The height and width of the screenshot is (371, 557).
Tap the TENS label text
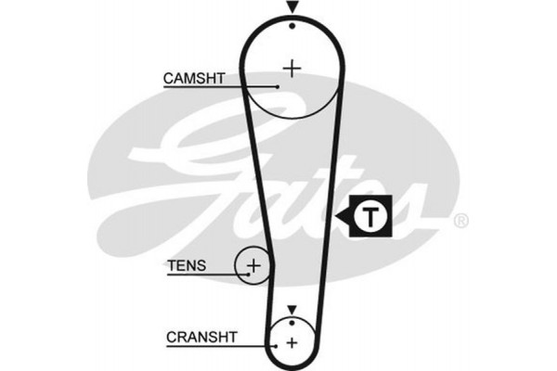tap(186, 266)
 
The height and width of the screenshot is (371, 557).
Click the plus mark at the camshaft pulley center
tap(292, 68)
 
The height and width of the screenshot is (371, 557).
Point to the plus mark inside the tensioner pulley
tap(253, 266)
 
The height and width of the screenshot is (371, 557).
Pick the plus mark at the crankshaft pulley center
tap(291, 342)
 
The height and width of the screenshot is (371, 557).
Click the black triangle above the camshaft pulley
tap(292, 7)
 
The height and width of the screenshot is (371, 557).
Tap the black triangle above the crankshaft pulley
tap(291, 310)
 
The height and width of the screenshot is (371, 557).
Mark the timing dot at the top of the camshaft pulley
tap(292, 24)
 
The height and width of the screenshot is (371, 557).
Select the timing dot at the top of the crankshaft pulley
tap(291, 322)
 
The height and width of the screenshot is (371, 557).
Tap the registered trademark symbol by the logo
tap(460, 221)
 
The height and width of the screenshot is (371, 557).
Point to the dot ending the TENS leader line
tap(248, 274)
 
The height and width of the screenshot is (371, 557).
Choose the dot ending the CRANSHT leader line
tap(276, 346)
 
